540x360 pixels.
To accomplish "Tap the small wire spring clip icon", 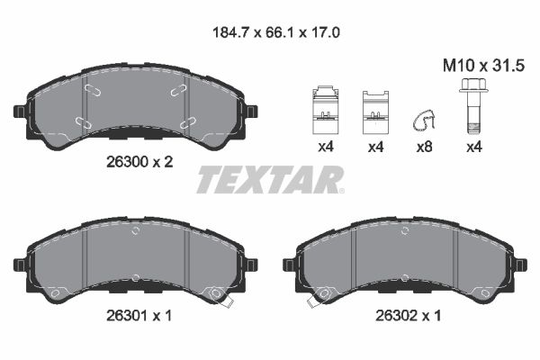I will (419, 118).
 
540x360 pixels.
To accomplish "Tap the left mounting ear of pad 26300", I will (20, 112).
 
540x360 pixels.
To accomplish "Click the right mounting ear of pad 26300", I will (251, 112).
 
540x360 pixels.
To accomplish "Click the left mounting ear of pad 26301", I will (20, 264).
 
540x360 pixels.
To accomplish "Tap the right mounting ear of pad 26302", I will (519, 264).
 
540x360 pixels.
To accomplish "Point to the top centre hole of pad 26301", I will (135, 230).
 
